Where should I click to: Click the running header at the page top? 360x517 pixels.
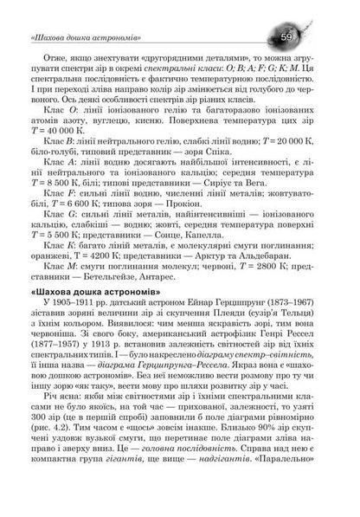[x=87, y=38]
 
